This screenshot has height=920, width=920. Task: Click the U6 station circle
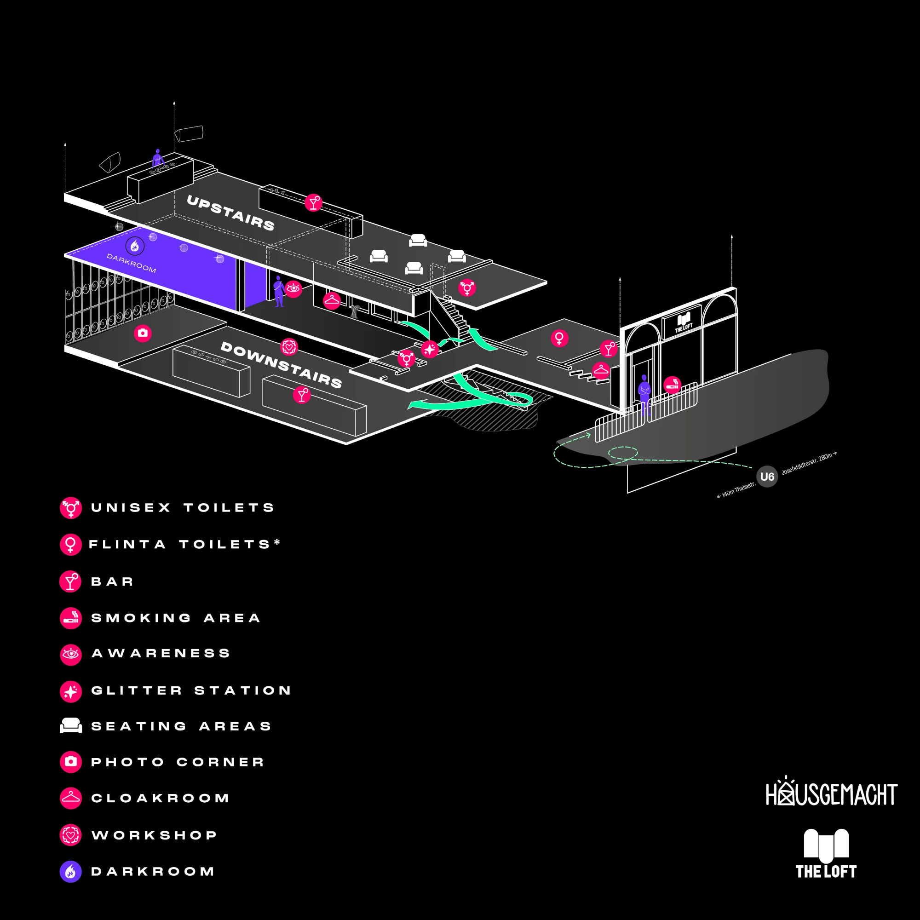(767, 476)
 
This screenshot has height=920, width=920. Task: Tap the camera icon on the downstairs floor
(143, 333)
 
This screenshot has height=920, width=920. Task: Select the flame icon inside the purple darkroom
(135, 246)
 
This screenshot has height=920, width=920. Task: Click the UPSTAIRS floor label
(230, 213)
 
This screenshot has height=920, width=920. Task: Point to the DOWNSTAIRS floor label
(282, 365)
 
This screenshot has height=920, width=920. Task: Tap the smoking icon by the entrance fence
(672, 385)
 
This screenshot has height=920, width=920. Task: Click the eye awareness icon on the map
(293, 288)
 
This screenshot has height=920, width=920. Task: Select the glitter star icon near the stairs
(430, 349)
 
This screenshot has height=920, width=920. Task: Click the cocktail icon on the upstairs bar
(313, 203)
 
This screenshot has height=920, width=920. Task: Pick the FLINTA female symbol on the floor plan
(559, 338)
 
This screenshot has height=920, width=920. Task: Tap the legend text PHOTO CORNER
(178, 762)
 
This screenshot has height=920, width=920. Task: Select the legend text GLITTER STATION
(191, 690)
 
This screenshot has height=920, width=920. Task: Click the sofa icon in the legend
(71, 725)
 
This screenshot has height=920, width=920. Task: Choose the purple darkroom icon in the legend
(70, 871)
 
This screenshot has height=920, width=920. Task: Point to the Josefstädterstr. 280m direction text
(809, 463)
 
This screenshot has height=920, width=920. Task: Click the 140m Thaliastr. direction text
(736, 490)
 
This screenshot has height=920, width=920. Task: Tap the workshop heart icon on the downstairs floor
(289, 347)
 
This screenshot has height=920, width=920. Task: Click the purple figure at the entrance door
(644, 394)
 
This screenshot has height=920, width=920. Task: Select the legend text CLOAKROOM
(161, 798)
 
